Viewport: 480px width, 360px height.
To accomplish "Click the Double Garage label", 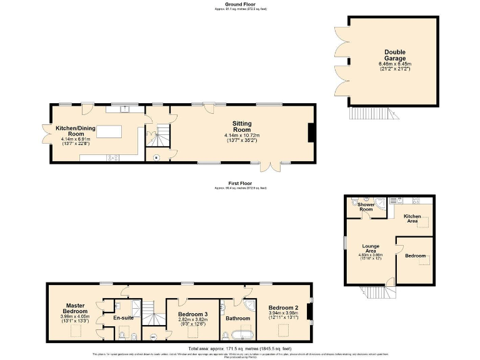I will tap(396, 55).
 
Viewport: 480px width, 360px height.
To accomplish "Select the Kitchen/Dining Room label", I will tap(70, 131).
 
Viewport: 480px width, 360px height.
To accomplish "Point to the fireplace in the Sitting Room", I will tap(311, 132).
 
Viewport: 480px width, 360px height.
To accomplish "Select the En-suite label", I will tap(123, 317).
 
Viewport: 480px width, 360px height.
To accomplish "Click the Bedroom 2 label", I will tap(283, 307).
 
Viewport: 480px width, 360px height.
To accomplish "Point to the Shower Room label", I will tap(366, 207).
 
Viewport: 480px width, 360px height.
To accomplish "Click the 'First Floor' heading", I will tap(240, 183).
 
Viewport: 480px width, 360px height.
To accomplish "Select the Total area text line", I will tap(239, 348).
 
